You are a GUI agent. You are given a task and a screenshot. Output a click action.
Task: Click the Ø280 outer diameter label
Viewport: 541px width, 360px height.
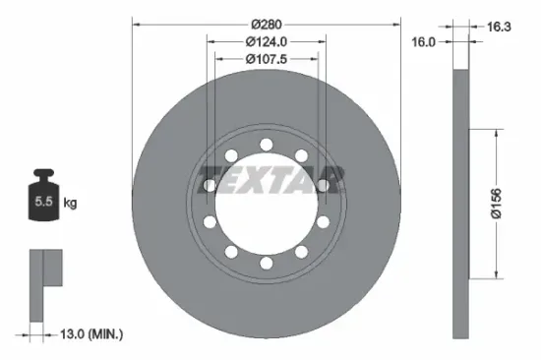click(x=267, y=24)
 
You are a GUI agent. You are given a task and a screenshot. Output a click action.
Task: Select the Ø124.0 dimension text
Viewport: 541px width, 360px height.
click(x=267, y=41)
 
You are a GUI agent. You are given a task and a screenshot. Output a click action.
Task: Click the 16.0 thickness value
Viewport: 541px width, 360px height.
click(x=423, y=42)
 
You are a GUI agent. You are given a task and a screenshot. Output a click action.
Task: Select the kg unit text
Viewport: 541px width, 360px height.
click(x=70, y=204)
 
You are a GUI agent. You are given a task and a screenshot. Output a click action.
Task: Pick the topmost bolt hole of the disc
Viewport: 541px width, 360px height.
click(x=267, y=146)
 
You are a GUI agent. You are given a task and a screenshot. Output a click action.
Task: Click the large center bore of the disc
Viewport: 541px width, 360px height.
click(x=267, y=211)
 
